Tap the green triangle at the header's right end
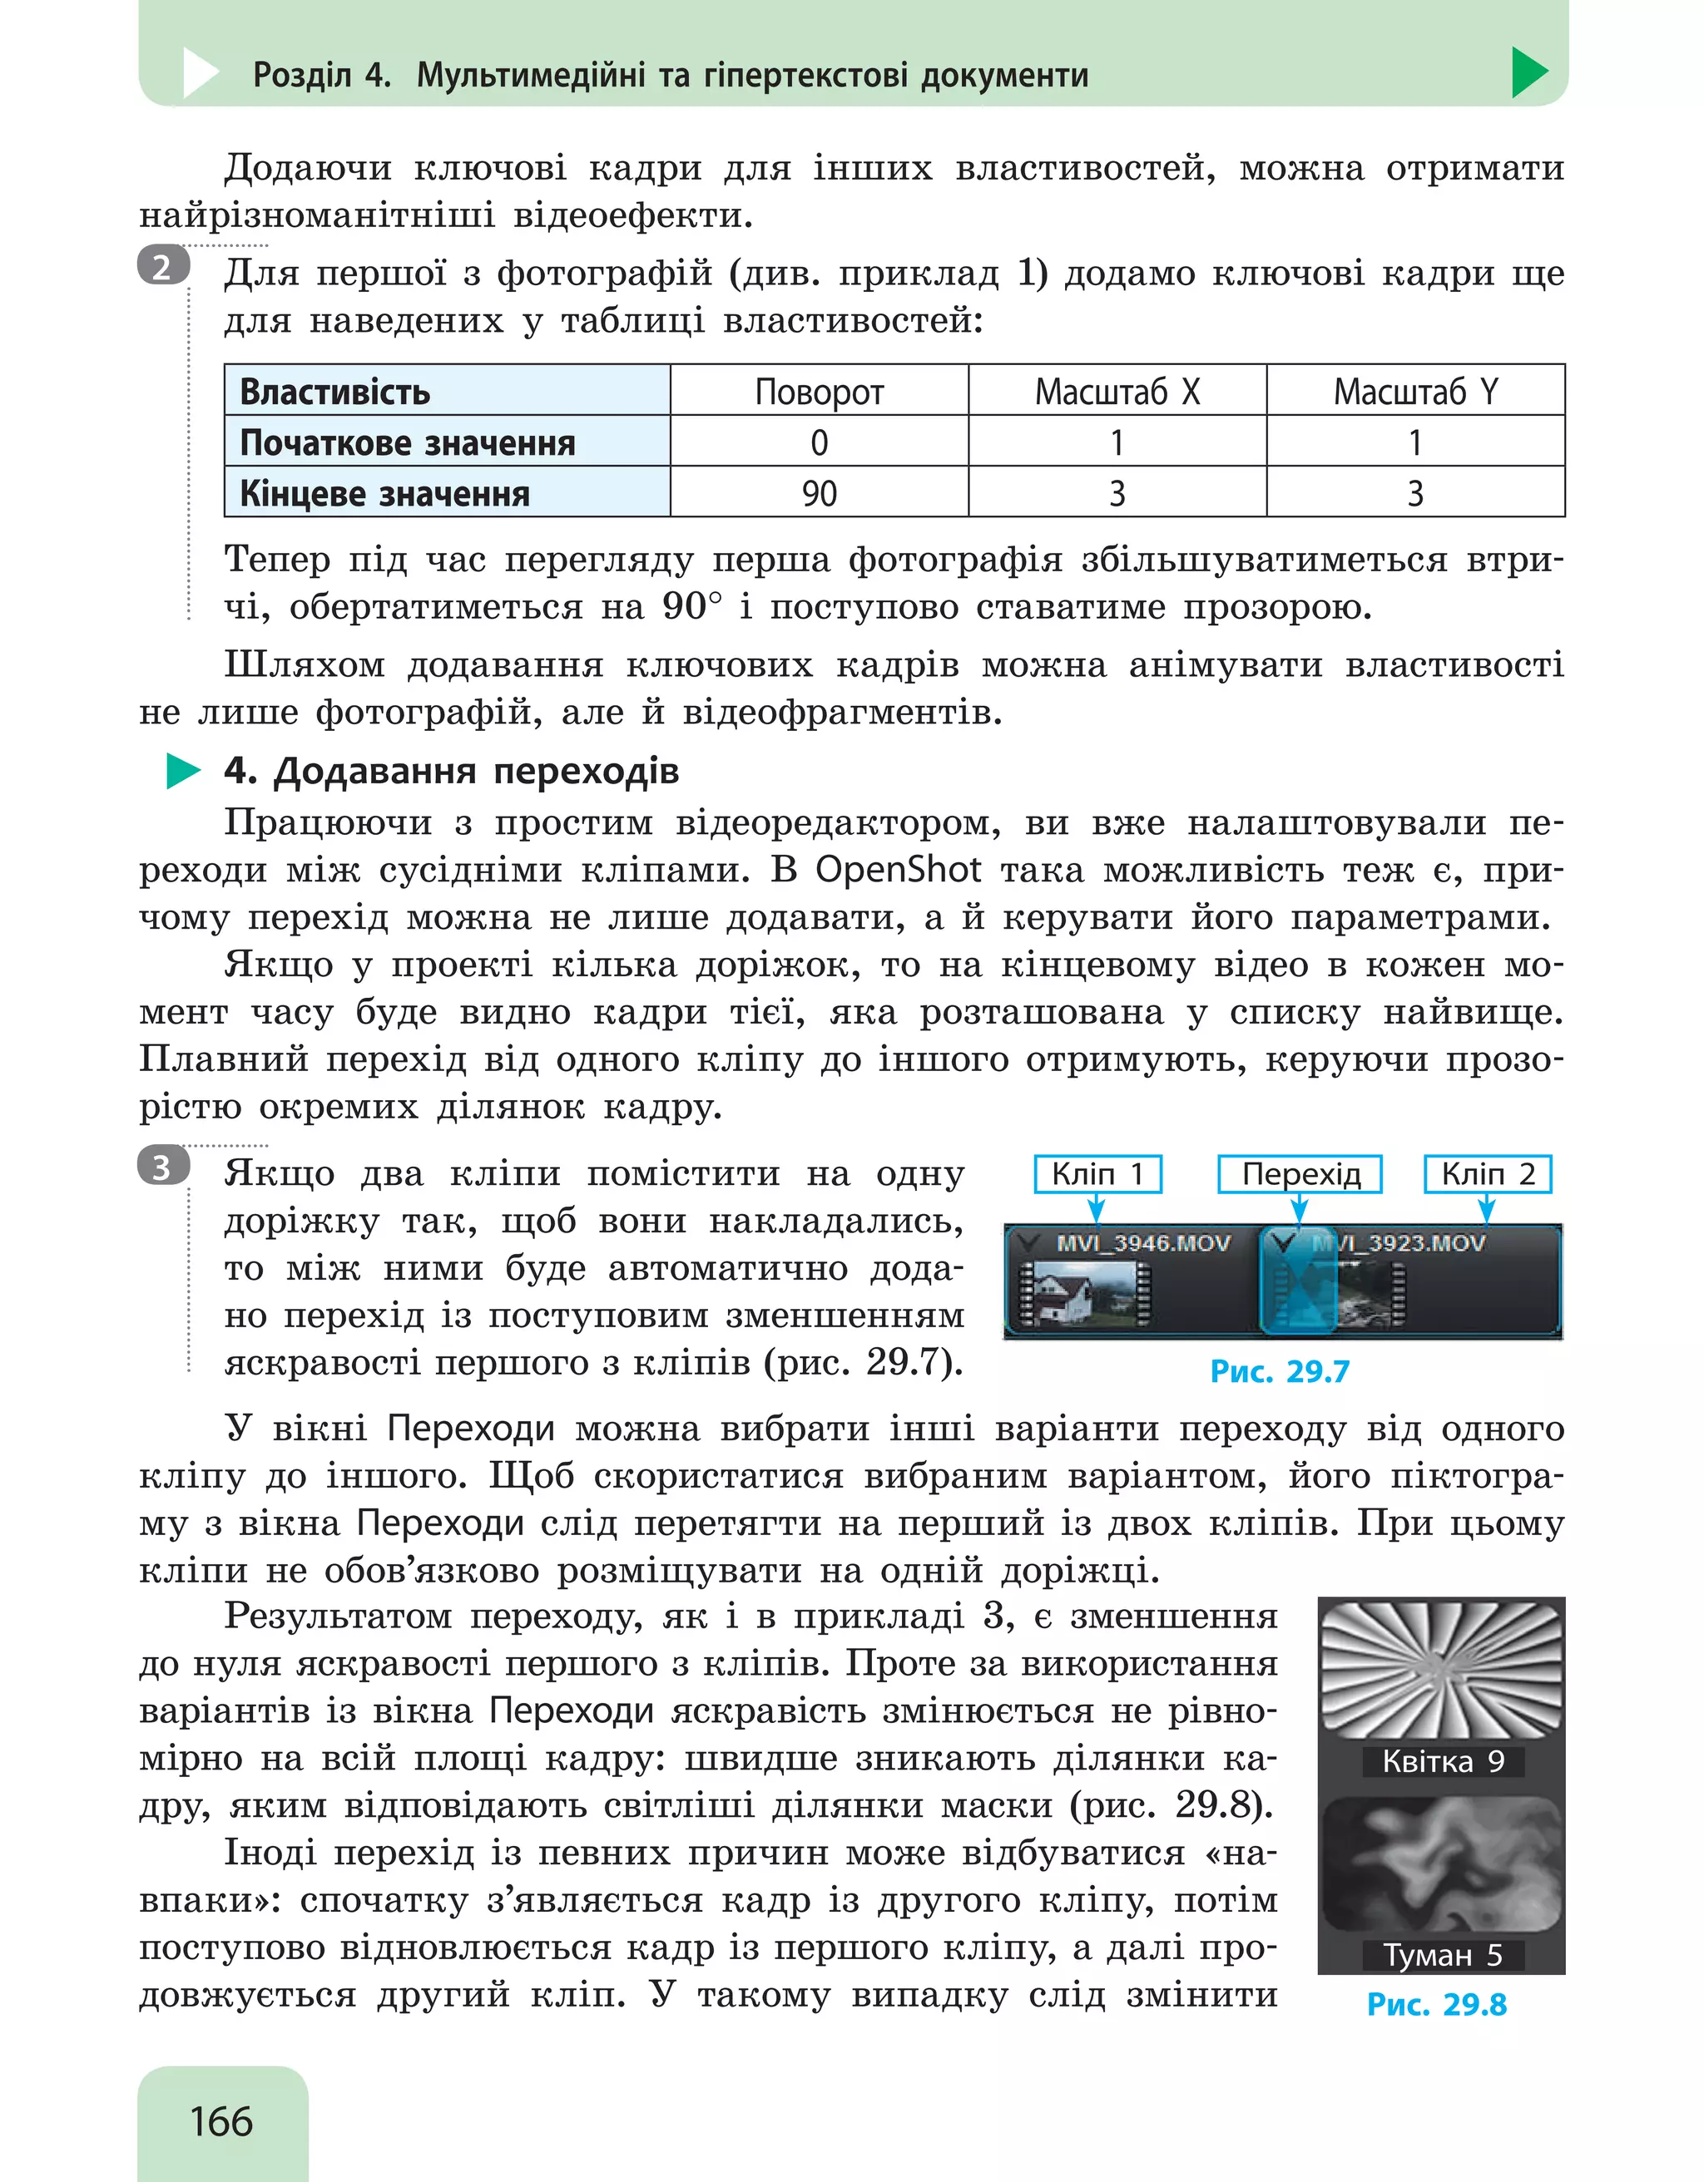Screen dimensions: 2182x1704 point(1529,73)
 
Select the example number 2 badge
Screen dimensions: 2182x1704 point(163,267)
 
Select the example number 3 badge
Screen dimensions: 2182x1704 point(163,1167)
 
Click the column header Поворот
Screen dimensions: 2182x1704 point(819,392)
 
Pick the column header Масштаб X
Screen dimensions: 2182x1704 point(1117,392)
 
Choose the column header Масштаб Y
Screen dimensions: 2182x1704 point(1415,392)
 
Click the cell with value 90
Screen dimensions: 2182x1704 point(819,492)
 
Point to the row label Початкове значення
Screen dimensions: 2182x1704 point(408,442)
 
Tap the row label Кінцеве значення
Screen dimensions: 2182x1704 point(384,492)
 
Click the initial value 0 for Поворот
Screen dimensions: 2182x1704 point(819,442)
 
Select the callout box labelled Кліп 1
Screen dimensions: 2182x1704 point(1097,1174)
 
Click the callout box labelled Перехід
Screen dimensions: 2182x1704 point(1300,1174)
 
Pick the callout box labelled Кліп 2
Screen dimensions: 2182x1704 point(1487,1174)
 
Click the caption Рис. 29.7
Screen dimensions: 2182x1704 point(1280,1370)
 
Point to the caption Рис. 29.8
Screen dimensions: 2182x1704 point(1436,2004)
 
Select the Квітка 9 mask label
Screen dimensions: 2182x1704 point(1442,1761)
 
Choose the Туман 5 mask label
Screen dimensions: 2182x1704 point(1442,1954)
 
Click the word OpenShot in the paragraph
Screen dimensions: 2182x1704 point(898,869)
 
